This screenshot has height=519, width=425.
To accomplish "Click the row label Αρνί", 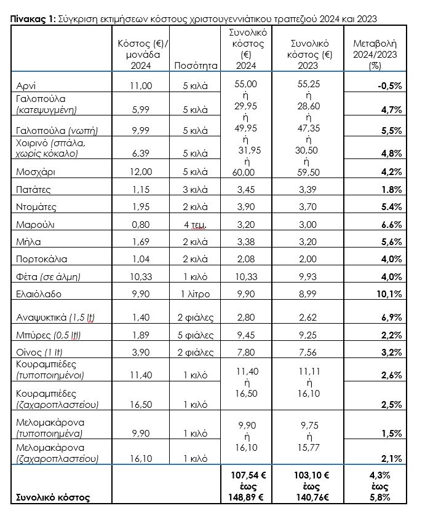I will click(25, 86).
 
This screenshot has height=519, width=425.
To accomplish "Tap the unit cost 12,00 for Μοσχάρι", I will click(141, 171).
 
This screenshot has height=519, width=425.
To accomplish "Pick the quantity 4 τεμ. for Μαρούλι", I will click(196, 225).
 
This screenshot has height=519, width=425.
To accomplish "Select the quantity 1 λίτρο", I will click(196, 294).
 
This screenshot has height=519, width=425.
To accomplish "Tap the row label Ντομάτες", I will click(37, 208).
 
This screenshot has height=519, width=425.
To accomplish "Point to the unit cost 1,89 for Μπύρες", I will click(141, 335).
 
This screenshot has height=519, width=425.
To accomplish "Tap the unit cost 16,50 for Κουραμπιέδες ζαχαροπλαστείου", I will click(141, 404).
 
